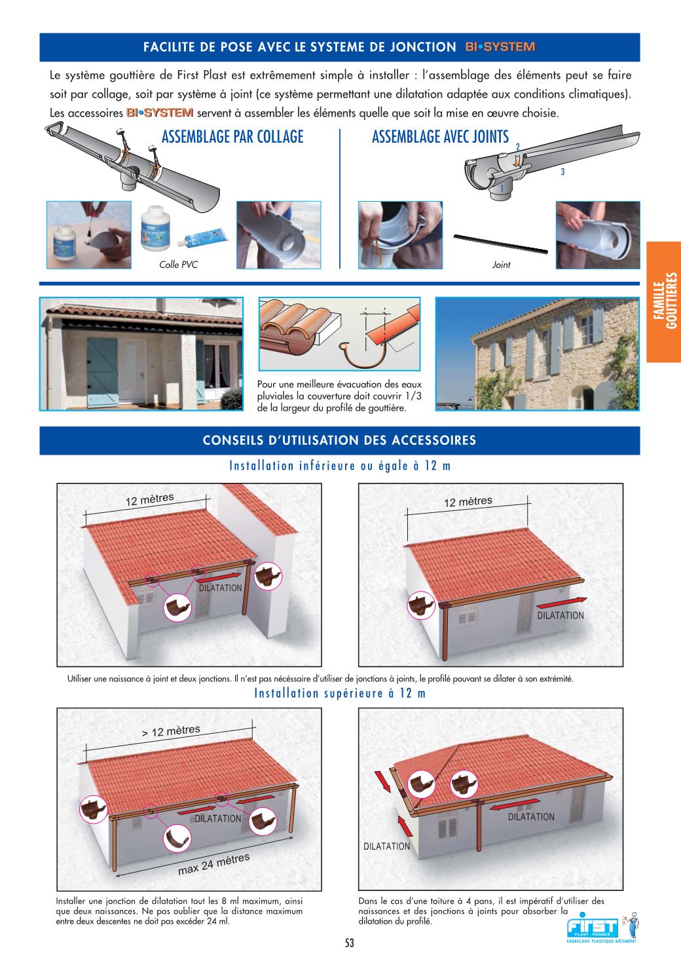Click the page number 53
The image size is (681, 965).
click(350, 943)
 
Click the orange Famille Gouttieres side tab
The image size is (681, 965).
click(663, 301)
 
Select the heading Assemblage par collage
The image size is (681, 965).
click(232, 137)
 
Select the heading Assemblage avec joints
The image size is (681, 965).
click(441, 137)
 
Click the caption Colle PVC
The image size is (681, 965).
click(178, 265)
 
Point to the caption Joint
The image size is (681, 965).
click(501, 265)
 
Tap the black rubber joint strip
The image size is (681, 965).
click(500, 244)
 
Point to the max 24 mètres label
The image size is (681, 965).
click(214, 863)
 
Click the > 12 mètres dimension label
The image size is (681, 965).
click(171, 730)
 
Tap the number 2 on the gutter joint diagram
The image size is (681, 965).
click(518, 147)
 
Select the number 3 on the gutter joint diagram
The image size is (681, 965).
click(562, 172)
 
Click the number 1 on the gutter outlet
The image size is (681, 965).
click(502, 188)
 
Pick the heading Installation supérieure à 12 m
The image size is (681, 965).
click(340, 693)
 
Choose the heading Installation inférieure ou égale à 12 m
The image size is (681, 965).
click(340, 466)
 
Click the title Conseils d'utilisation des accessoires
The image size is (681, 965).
click(339, 440)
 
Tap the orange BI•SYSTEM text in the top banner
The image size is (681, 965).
click(500, 47)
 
